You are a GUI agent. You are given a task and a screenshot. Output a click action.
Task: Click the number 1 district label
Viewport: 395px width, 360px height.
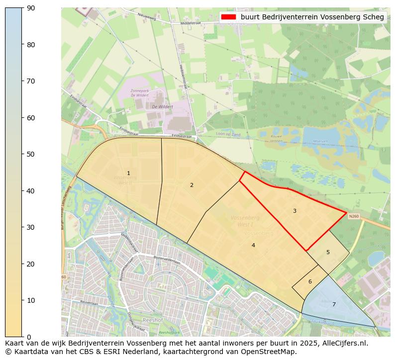click(x=128, y=174)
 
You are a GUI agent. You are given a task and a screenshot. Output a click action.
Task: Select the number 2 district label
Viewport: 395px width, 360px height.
click(x=192, y=185)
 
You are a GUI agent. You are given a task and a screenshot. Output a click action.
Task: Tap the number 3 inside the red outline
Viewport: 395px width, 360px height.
click(x=295, y=211)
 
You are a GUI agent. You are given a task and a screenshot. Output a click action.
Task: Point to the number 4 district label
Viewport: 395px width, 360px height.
click(x=253, y=245)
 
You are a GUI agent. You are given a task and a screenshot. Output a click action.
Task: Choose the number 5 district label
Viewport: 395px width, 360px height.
click(x=328, y=252)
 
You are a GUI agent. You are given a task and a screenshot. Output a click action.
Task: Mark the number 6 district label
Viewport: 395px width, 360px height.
click(x=310, y=281)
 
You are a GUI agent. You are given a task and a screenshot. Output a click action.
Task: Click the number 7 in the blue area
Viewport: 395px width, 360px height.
click(x=334, y=304)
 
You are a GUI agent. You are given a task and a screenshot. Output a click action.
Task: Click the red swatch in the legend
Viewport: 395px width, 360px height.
click(x=228, y=17)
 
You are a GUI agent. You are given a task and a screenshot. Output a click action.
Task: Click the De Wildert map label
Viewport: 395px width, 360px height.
click(x=162, y=106)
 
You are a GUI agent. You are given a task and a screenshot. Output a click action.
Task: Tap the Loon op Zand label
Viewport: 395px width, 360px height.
click(x=228, y=134)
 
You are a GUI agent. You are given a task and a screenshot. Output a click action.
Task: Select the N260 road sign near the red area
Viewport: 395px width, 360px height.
click(x=354, y=216)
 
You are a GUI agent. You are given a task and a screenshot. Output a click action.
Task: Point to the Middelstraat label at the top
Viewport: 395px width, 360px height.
click(x=191, y=23)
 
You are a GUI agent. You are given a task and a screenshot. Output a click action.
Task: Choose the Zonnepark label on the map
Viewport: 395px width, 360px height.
click(x=140, y=91)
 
